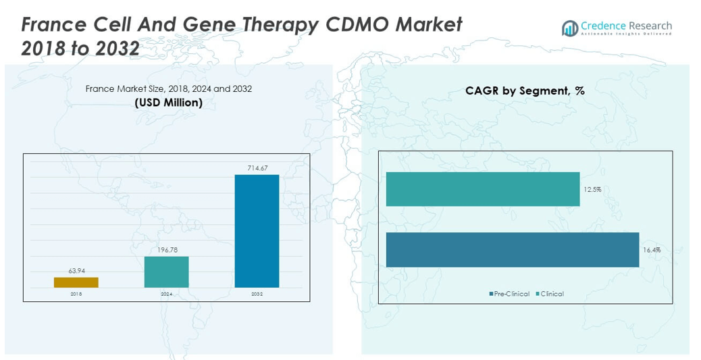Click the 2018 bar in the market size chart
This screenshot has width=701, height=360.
[x=76, y=282]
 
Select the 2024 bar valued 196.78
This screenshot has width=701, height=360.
[x=166, y=272]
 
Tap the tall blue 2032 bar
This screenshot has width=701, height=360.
[x=257, y=231]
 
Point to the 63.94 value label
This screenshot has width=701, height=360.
[x=76, y=271]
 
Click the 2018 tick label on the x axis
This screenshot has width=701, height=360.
[x=76, y=294]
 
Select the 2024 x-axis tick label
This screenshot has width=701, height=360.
[x=166, y=294]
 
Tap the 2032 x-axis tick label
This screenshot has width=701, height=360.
[x=257, y=294]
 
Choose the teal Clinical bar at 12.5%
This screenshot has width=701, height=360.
[x=482, y=189]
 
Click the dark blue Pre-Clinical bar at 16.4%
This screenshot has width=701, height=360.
[x=512, y=250]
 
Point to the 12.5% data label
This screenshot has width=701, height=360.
[x=592, y=190]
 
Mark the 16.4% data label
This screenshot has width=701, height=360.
[x=652, y=250]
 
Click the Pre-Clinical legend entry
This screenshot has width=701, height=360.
[x=510, y=294]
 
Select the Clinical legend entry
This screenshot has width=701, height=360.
[x=550, y=294]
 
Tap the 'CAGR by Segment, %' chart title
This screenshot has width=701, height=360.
[x=525, y=91]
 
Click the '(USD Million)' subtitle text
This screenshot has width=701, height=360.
[x=168, y=103]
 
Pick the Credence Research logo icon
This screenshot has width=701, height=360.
[x=570, y=28]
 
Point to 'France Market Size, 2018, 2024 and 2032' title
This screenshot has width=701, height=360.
[x=168, y=89]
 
